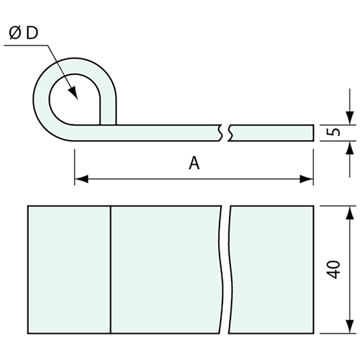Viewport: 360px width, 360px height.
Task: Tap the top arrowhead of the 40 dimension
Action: point(349,213)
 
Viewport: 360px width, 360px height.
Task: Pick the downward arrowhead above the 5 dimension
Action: point(349,118)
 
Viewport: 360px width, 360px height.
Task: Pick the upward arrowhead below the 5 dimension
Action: point(349,147)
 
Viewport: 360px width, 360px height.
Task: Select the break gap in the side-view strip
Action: point(226,132)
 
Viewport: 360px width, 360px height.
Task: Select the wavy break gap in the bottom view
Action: point(226,269)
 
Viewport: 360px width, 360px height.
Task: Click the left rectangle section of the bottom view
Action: point(69,269)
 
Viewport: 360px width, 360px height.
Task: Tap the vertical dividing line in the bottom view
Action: point(111,269)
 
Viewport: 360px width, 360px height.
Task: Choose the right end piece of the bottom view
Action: point(272,269)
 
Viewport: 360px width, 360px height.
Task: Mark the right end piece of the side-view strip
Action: point(272,132)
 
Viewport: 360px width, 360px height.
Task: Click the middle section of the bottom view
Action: point(166,269)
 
